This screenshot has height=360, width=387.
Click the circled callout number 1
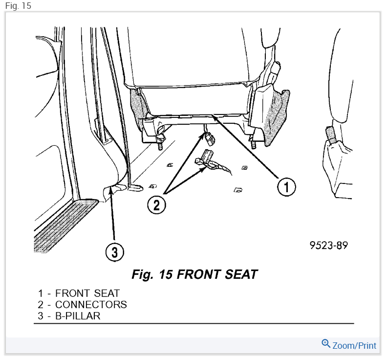click(x=287, y=186)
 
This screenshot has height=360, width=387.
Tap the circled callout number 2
click(x=156, y=204)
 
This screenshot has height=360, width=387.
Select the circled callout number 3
click(x=114, y=252)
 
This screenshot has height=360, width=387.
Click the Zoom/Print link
click(x=354, y=346)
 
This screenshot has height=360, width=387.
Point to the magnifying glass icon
click(x=326, y=344)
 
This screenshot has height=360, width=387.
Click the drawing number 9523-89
click(x=328, y=245)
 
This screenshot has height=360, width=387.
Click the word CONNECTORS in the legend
click(x=91, y=305)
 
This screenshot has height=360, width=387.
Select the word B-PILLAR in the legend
click(x=78, y=316)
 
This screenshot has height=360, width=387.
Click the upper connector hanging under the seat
click(x=209, y=139)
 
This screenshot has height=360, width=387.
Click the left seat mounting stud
click(x=160, y=144)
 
